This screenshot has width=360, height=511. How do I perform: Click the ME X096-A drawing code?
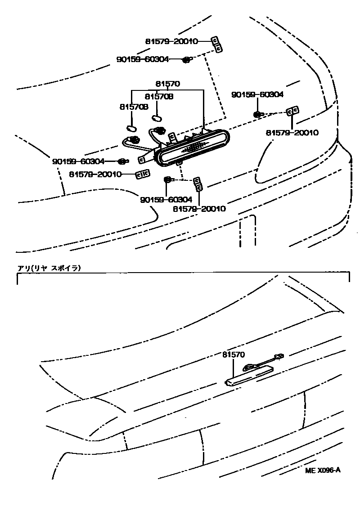(323, 471)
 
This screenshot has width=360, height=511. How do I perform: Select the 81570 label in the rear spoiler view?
(233, 355)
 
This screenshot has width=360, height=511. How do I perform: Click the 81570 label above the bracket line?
(168, 84)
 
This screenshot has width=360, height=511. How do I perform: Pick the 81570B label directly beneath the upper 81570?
(159, 97)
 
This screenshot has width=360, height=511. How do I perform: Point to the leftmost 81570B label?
(134, 107)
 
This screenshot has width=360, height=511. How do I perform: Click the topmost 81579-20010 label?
(171, 41)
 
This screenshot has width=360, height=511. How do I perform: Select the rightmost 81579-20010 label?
(292, 133)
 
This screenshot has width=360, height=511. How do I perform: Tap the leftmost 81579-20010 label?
(95, 174)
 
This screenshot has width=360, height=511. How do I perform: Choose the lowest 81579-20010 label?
(199, 209)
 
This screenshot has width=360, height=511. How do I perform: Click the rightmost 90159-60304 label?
(257, 95)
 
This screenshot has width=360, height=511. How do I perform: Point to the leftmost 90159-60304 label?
(78, 161)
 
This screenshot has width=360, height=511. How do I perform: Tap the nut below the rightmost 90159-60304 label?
(257, 114)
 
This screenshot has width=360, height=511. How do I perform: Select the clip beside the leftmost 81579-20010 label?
(143, 175)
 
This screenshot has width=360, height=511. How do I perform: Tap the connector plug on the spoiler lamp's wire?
(279, 356)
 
